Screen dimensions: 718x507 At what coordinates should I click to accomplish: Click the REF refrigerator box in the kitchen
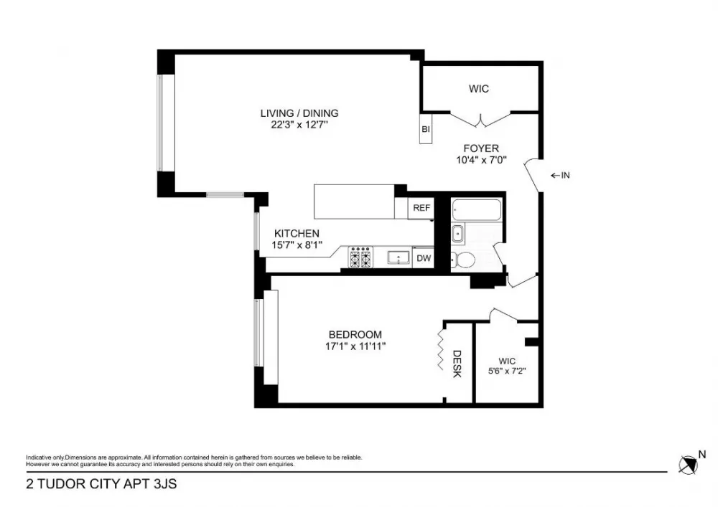pos(421,208)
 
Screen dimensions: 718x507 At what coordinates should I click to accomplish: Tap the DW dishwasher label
pos(424,258)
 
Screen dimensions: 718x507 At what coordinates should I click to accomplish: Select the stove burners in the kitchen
pos(360,257)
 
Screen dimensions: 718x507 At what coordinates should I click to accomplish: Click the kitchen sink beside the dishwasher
pos(398,257)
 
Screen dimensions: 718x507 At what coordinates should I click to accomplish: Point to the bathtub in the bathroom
pos(476,210)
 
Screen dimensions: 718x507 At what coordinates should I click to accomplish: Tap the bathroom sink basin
pos(457,234)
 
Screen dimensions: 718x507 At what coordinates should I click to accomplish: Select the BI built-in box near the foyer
pos(426,128)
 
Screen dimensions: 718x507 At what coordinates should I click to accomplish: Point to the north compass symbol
pos(689,465)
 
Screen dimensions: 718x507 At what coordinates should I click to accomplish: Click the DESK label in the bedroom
pos(457,364)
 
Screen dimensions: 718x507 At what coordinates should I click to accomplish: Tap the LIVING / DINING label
pos(299,113)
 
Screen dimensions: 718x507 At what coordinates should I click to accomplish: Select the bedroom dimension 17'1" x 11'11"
pos(355,346)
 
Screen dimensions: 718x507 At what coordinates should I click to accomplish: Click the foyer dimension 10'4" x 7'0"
pos(481,160)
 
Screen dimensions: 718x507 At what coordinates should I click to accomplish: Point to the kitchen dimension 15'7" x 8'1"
pos(297,245)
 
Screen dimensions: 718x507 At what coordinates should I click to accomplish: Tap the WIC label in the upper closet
pos(479,89)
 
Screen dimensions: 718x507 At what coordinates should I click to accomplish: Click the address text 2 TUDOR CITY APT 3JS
pos(101,484)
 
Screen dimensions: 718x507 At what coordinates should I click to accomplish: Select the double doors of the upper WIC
pos(480,120)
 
